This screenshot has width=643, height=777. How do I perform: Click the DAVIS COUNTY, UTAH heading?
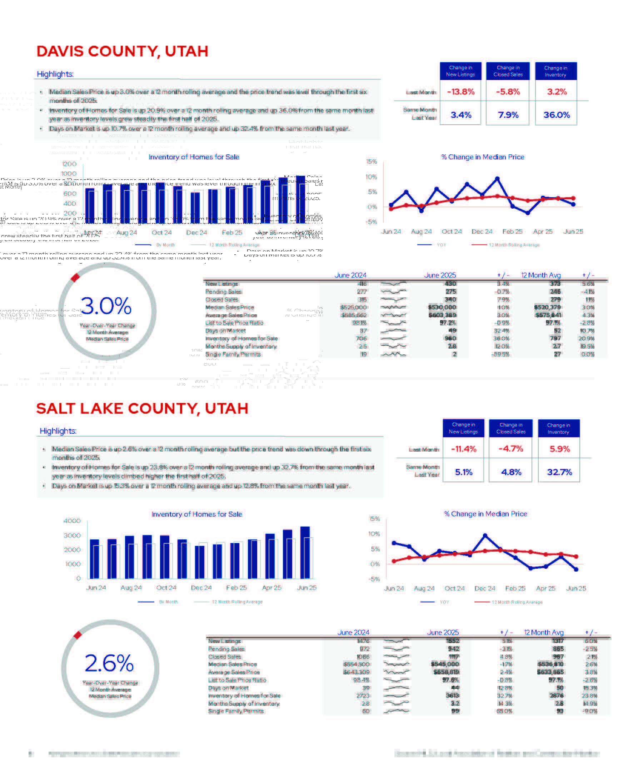point(122,51)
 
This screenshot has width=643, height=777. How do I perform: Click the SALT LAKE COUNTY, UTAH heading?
point(142,408)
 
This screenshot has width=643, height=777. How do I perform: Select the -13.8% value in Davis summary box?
point(460,92)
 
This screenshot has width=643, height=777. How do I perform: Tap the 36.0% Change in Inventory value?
point(556,115)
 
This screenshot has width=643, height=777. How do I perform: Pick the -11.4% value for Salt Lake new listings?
point(463,449)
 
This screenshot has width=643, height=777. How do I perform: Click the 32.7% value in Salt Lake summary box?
point(559,472)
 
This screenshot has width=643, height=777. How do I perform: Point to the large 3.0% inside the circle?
point(106,306)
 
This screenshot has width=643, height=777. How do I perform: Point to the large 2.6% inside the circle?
point(109,663)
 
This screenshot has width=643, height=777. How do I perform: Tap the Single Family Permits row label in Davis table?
point(233,354)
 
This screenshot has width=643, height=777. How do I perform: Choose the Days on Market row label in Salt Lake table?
point(228,688)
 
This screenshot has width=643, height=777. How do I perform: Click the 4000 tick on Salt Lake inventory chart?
point(72,521)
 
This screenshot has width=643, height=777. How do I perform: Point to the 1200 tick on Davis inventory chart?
point(69,164)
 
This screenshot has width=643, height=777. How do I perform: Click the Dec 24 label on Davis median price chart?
point(482,231)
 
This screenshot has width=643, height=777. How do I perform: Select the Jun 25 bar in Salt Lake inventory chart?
point(305,552)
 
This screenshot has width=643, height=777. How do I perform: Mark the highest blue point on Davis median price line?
point(497,179)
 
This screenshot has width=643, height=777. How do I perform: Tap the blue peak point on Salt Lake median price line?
point(485,536)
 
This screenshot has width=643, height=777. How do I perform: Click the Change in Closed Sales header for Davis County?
point(508,71)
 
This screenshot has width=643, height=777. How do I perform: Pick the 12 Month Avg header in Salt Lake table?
point(543,632)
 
